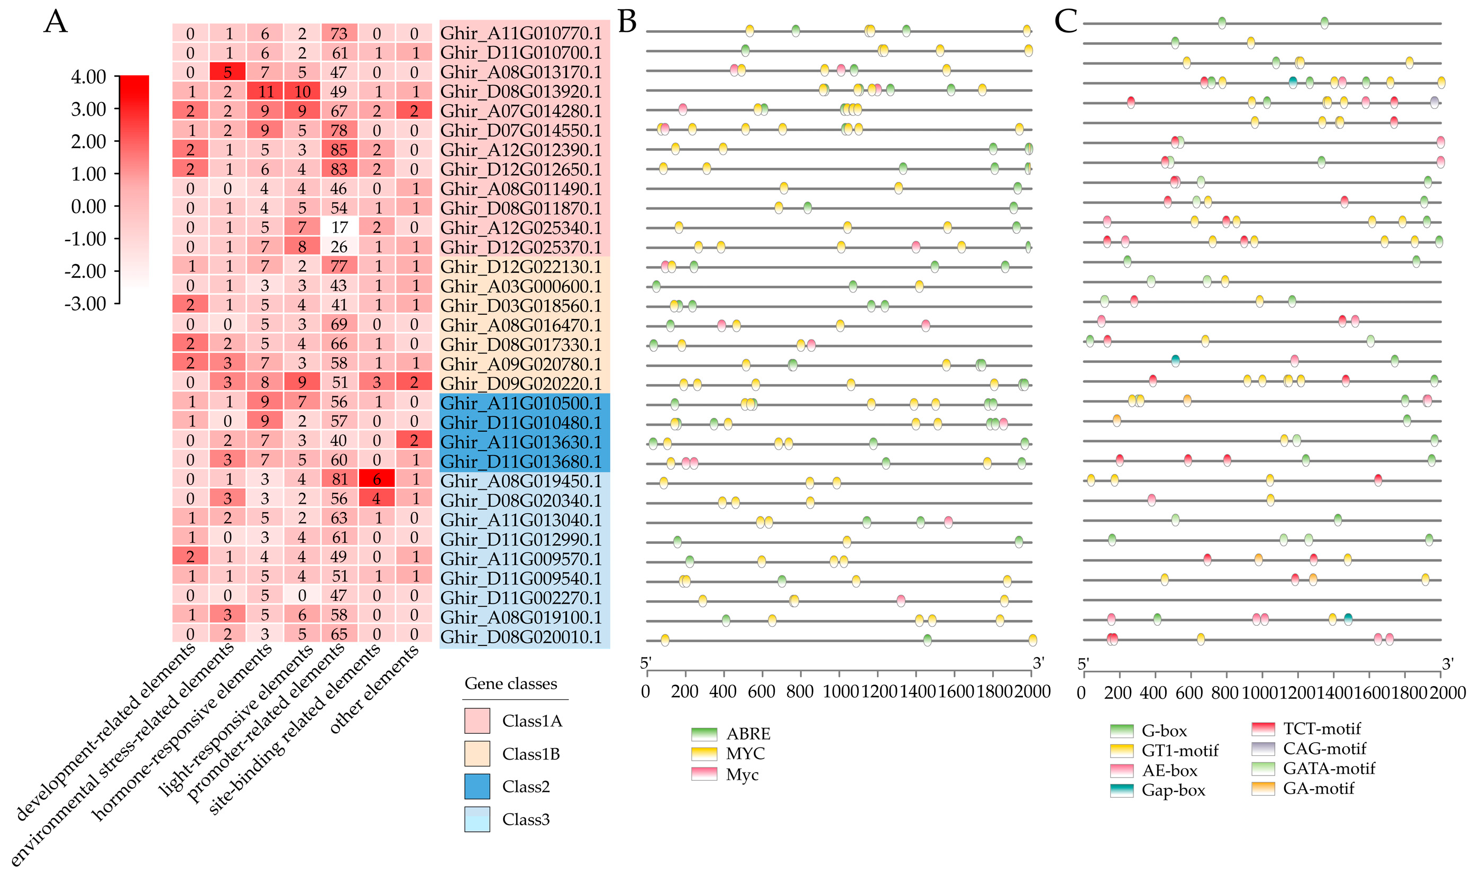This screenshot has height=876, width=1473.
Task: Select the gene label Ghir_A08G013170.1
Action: (x=520, y=72)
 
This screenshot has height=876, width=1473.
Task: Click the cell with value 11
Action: (x=264, y=92)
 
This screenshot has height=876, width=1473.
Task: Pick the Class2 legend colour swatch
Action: (x=477, y=786)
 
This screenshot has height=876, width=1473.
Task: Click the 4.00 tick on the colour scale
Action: (x=88, y=77)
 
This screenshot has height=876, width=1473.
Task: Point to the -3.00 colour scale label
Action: (x=85, y=304)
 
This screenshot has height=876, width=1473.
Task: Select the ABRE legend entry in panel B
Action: (x=730, y=734)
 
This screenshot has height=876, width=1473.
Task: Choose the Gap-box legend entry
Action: (x=1157, y=790)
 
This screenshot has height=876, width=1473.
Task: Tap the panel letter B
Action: (x=626, y=22)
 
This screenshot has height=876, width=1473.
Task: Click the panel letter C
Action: (x=1065, y=22)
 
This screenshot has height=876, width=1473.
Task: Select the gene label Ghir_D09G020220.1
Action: (x=520, y=383)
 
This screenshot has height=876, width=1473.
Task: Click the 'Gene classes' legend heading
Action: (x=510, y=683)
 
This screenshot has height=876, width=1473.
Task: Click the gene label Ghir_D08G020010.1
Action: (x=520, y=637)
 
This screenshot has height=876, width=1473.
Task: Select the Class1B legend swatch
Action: (x=477, y=754)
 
